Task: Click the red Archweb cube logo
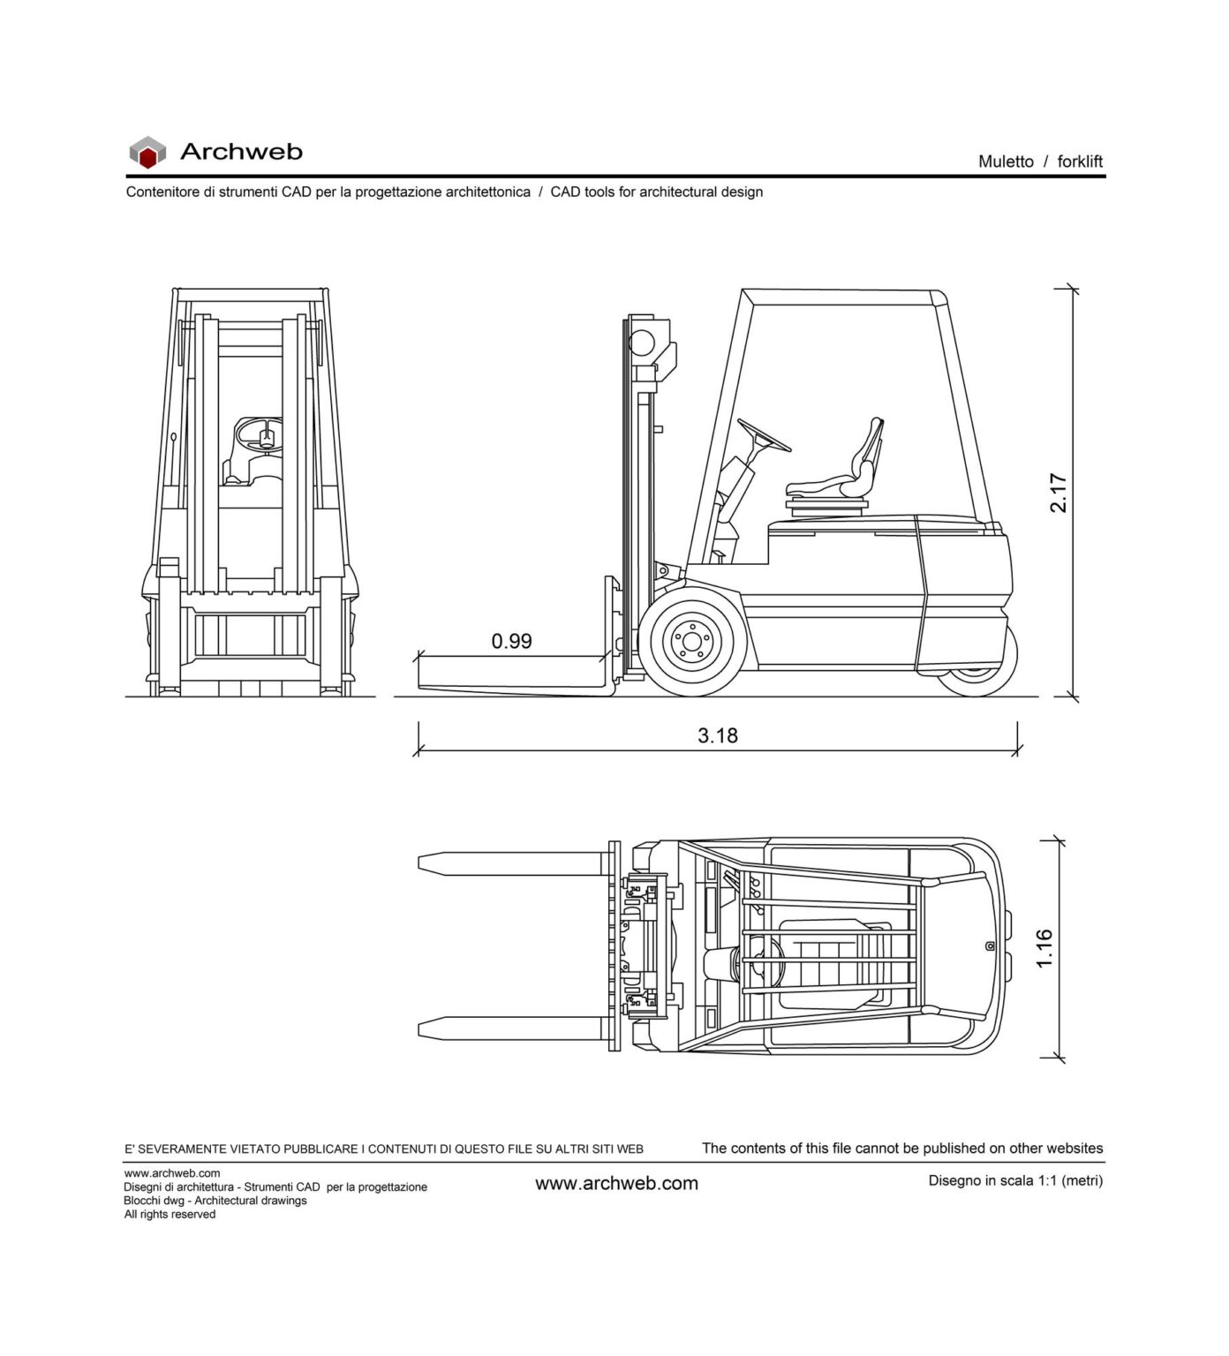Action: [x=147, y=153]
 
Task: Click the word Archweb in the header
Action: [x=241, y=152]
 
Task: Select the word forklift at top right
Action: [x=1080, y=162]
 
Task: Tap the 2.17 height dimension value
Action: [x=1058, y=493]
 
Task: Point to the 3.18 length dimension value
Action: [x=717, y=735]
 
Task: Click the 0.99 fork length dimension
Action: [x=511, y=641]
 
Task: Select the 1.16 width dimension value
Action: [x=1044, y=948]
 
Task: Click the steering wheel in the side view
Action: [x=764, y=434]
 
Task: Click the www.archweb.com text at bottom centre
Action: [x=616, y=1183]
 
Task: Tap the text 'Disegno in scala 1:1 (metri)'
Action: [x=1015, y=1180]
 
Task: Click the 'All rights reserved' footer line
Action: [x=170, y=1214]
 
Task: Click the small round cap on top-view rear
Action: [x=990, y=946]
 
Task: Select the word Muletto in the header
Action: [x=1006, y=162]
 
